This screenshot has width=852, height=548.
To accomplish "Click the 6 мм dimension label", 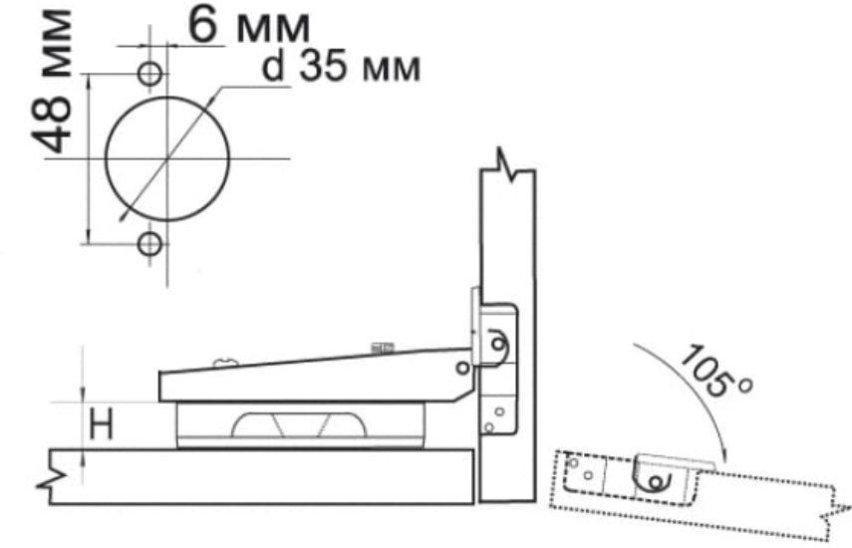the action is click(248, 26).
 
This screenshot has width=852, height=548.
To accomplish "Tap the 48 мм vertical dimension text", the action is click(52, 83).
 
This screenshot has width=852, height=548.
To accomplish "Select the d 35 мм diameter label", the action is click(341, 68).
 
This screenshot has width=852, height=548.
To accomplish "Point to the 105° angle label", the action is click(715, 372).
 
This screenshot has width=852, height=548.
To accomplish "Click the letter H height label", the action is click(101, 424).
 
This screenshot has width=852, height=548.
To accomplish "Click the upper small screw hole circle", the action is click(149, 73).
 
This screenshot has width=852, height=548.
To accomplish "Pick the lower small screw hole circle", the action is click(149, 244).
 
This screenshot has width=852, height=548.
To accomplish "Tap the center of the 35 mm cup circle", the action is click(166, 158).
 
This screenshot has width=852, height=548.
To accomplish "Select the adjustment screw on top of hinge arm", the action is click(382, 348).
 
